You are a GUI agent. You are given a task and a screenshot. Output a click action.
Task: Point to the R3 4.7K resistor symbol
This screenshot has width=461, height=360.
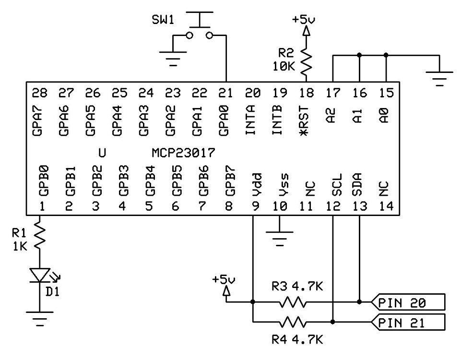[x=293, y=302]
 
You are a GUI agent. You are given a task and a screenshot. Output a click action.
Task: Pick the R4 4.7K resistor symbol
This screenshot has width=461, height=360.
[x=293, y=321]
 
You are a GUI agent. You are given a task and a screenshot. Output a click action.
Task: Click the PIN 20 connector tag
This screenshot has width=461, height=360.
[x=408, y=302]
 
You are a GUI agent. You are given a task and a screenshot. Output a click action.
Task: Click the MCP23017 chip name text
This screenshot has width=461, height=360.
[x=183, y=153]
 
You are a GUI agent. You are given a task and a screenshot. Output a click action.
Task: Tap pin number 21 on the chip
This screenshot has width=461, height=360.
[x=226, y=92]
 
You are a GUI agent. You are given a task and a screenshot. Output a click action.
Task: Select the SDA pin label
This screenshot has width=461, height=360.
[x=359, y=185]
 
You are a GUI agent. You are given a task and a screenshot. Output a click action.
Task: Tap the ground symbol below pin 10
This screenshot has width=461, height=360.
[x=280, y=238]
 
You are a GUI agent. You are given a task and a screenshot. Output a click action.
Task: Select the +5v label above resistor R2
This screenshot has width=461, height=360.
[x=304, y=20]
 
